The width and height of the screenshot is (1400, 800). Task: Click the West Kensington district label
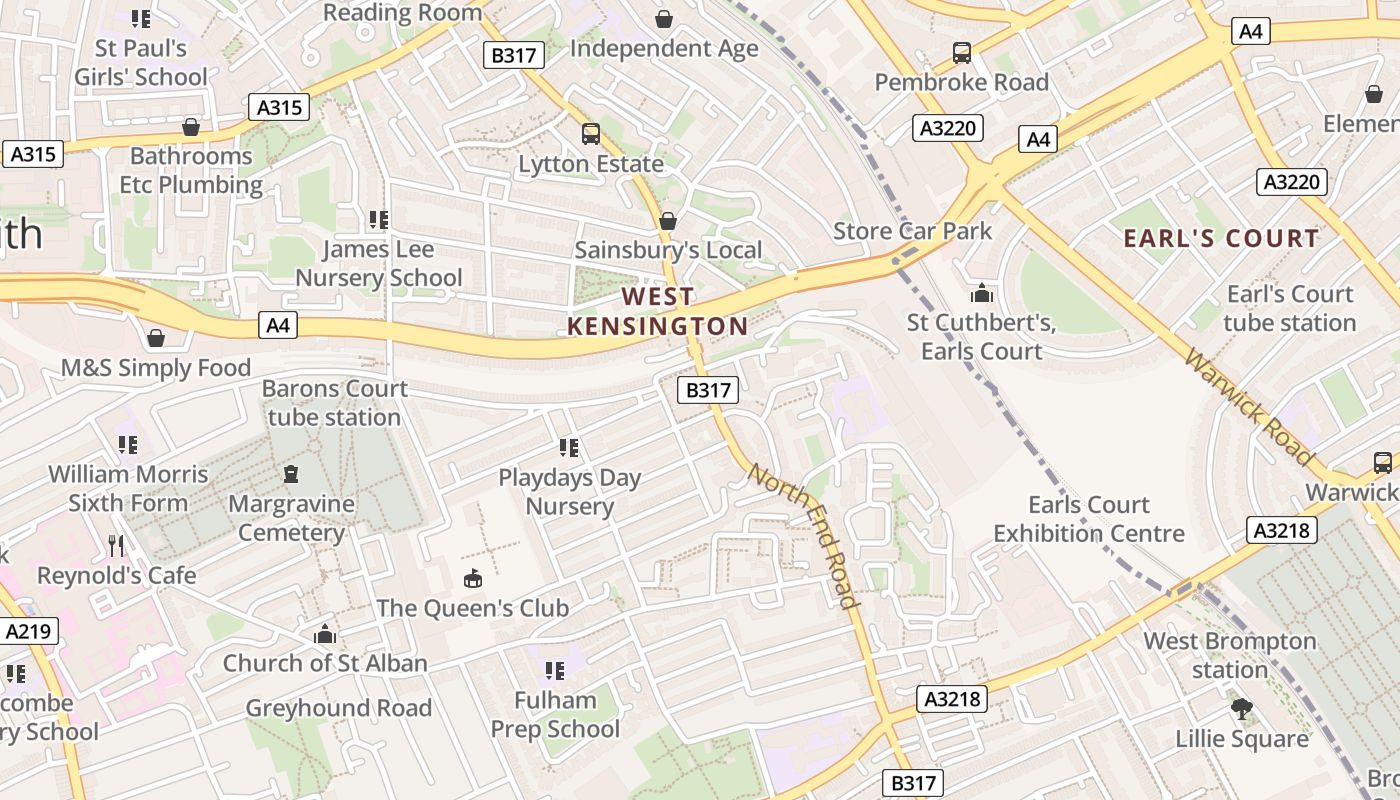pos(657,311)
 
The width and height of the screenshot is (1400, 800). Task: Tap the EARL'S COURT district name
pos(1221,238)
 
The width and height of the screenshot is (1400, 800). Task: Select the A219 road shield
pos(29,631)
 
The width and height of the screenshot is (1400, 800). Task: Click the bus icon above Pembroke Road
pos(962,53)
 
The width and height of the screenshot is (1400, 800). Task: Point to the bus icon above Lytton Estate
pos(591,134)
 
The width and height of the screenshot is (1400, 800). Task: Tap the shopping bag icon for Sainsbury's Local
pos(668,221)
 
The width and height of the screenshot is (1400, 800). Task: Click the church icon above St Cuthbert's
pos(982,293)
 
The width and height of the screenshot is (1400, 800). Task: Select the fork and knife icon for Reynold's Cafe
pos(117,546)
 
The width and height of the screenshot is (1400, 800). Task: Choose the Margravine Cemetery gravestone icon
pos(291,474)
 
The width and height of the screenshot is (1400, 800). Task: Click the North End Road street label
pos(804,536)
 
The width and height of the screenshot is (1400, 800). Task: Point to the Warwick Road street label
pos(1248,406)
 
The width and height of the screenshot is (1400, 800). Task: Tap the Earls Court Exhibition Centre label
pos(1089,519)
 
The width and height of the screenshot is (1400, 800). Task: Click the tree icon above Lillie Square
pos(1241,709)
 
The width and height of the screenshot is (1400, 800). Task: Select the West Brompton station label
pos(1230,655)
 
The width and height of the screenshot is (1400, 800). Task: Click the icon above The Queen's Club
pos(472,578)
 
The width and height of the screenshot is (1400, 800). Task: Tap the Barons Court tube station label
pos(334,403)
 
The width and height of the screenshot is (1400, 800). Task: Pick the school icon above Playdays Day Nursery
pos(569,448)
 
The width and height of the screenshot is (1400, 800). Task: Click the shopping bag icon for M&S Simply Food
pos(156,338)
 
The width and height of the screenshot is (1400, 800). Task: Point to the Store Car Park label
pos(912,231)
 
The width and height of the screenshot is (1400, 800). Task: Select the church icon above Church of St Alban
pos(324,634)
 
